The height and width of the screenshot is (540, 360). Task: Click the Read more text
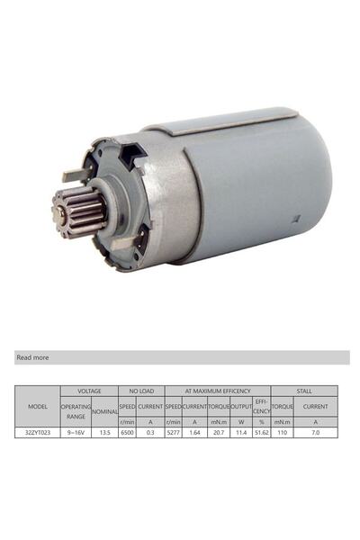(x=32, y=357)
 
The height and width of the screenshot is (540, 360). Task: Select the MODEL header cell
(x=38, y=407)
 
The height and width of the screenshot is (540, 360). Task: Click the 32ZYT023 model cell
(x=38, y=432)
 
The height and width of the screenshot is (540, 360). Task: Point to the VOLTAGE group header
(x=89, y=391)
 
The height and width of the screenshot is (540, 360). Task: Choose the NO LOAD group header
(x=140, y=391)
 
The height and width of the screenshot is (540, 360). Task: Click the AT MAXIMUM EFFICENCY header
(x=217, y=391)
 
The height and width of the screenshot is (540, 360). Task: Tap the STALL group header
(x=304, y=391)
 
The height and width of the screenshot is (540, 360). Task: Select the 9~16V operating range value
(x=76, y=432)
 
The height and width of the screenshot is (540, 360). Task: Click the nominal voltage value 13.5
(x=104, y=432)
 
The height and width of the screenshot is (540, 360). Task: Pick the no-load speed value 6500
(x=127, y=432)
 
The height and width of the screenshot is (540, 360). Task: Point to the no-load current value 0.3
(x=150, y=432)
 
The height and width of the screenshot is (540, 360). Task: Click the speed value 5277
(x=174, y=432)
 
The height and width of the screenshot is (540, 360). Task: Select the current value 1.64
(x=195, y=432)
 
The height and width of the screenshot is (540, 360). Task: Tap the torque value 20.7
(x=219, y=432)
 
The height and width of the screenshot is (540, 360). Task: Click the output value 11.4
(x=241, y=432)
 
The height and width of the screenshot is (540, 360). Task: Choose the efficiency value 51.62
(x=261, y=432)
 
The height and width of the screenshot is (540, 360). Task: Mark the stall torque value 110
(x=283, y=432)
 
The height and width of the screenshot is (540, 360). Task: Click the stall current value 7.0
(x=315, y=432)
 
